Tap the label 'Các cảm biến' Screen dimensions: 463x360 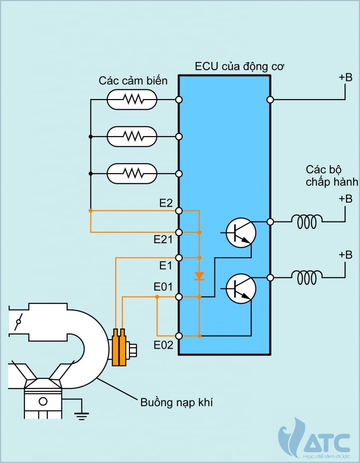(x=133, y=81)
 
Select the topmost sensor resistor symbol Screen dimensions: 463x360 (x=132, y=99)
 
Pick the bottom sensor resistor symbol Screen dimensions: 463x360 (x=132, y=174)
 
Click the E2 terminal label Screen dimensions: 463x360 (x=166, y=203)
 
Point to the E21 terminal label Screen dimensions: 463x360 (x=163, y=240)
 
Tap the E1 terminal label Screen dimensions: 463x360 (x=166, y=265)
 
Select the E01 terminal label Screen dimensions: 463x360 (x=163, y=287)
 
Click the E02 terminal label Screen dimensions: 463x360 (x=163, y=345)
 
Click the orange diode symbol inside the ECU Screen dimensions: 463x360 (x=199, y=276)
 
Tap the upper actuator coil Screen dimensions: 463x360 (x=307, y=222)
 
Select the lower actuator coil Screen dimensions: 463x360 (x=307, y=278)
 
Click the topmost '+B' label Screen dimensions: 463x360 (x=346, y=77)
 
